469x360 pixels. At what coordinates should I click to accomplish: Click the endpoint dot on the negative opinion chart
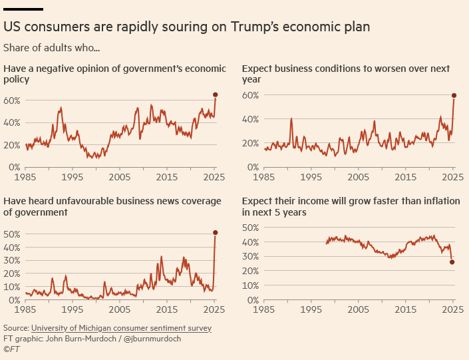[216, 95]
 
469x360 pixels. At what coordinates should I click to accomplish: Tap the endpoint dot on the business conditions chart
[454, 95]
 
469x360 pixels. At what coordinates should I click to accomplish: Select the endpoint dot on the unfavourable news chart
[216, 233]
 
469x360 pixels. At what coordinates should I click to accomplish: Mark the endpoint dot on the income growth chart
[452, 262]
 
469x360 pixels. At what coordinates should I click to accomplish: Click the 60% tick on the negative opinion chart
[13, 100]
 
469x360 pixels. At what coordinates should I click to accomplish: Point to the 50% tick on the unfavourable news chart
[13, 234]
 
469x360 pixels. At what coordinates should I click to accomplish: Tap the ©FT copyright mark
[12, 348]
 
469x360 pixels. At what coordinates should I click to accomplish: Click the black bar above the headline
[23, 9]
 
